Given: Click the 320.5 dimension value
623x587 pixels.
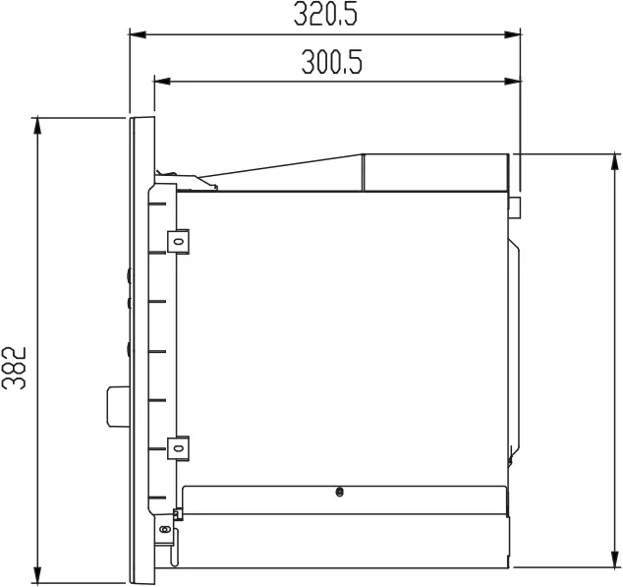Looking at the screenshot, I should (x=325, y=15).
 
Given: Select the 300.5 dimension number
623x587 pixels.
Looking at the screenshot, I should (x=331, y=63).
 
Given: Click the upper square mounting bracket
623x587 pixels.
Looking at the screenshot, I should (x=180, y=239).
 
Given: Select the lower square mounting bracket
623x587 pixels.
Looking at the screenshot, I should (x=180, y=445).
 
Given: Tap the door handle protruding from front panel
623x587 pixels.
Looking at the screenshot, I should (x=117, y=406).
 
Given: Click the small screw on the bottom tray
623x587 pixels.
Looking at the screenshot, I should (x=339, y=492).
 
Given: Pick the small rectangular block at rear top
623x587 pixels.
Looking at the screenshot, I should (x=514, y=206).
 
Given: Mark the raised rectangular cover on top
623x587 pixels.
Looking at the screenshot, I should (x=437, y=172).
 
